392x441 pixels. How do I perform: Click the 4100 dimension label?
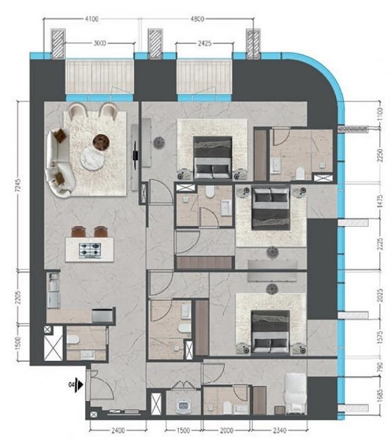click(x=91, y=19)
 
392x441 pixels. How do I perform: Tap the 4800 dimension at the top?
click(x=197, y=19)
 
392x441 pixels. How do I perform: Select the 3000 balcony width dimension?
click(x=100, y=43)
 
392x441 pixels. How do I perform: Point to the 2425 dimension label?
click(x=204, y=43)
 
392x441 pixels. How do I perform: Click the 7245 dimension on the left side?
click(x=17, y=186)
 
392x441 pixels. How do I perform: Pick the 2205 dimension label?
click(x=17, y=297)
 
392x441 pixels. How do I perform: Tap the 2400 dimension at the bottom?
click(x=118, y=430)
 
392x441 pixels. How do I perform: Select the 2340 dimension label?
click(x=280, y=430)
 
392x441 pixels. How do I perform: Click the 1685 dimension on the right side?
click(x=380, y=396)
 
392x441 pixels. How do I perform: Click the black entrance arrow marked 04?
click(x=80, y=385)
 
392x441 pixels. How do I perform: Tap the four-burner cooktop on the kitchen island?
click(x=90, y=250)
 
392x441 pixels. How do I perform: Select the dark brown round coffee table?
click(x=101, y=141)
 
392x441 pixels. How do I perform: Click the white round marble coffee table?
click(x=92, y=159)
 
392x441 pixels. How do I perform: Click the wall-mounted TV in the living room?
click(x=135, y=156)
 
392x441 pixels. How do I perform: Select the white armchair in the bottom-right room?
click(x=295, y=394)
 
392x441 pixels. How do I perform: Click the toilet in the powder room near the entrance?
click(x=72, y=340)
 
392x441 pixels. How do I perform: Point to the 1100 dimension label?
click(x=380, y=114)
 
